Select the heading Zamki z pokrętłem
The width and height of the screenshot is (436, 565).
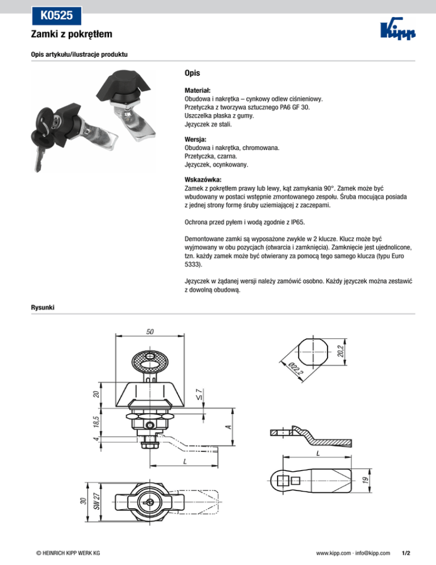point(71,35)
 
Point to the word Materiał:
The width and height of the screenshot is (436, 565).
point(198,90)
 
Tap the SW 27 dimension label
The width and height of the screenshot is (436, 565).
point(97,501)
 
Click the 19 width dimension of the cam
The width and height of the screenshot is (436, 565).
point(366,480)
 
